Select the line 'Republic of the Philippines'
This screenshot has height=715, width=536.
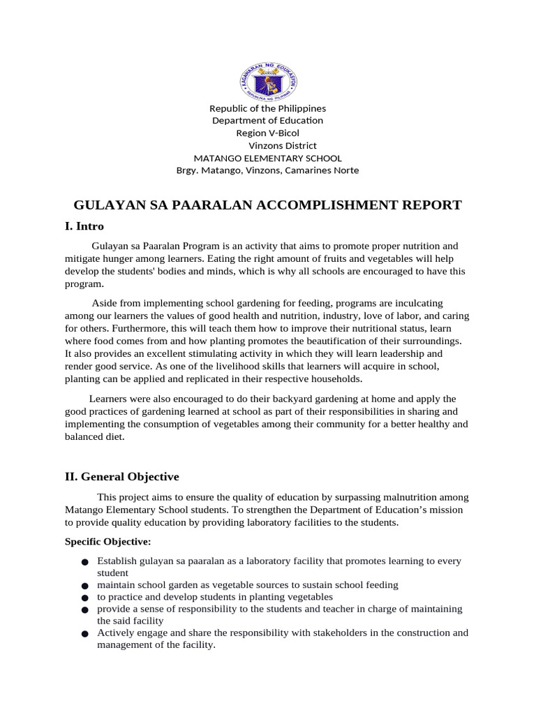[x=268, y=108]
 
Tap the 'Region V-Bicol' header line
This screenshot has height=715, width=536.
[x=268, y=133]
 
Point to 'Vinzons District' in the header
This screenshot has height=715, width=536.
[x=283, y=145]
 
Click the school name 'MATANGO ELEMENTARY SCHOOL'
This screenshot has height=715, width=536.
[x=267, y=158]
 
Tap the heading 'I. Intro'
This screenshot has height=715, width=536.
[x=84, y=227]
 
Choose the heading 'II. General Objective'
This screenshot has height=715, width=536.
[x=122, y=477]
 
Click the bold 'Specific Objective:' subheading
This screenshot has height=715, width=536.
[x=107, y=542]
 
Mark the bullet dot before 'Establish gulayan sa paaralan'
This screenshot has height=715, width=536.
[x=84, y=562]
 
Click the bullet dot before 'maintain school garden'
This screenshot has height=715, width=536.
[x=84, y=586]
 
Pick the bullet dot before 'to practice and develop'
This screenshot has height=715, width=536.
[x=84, y=598]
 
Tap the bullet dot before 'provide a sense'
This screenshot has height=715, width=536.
[x=84, y=610]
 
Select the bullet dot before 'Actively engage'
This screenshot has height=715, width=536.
[x=84, y=633]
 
